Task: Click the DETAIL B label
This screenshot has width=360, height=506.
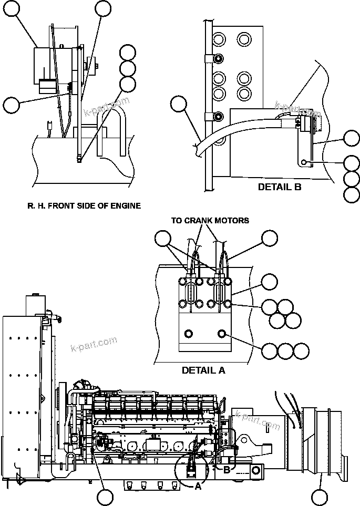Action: (279, 187)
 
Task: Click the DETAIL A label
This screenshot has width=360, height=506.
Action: (203, 370)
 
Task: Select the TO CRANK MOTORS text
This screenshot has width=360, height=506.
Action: (210, 220)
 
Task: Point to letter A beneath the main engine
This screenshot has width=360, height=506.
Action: (198, 486)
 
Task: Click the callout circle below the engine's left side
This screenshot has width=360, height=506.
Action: (105, 497)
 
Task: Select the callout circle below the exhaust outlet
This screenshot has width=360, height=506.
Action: (320, 497)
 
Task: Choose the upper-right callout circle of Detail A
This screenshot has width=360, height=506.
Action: (270, 239)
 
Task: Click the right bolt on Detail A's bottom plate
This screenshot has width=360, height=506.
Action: (221, 334)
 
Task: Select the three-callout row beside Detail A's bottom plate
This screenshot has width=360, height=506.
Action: (285, 351)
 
